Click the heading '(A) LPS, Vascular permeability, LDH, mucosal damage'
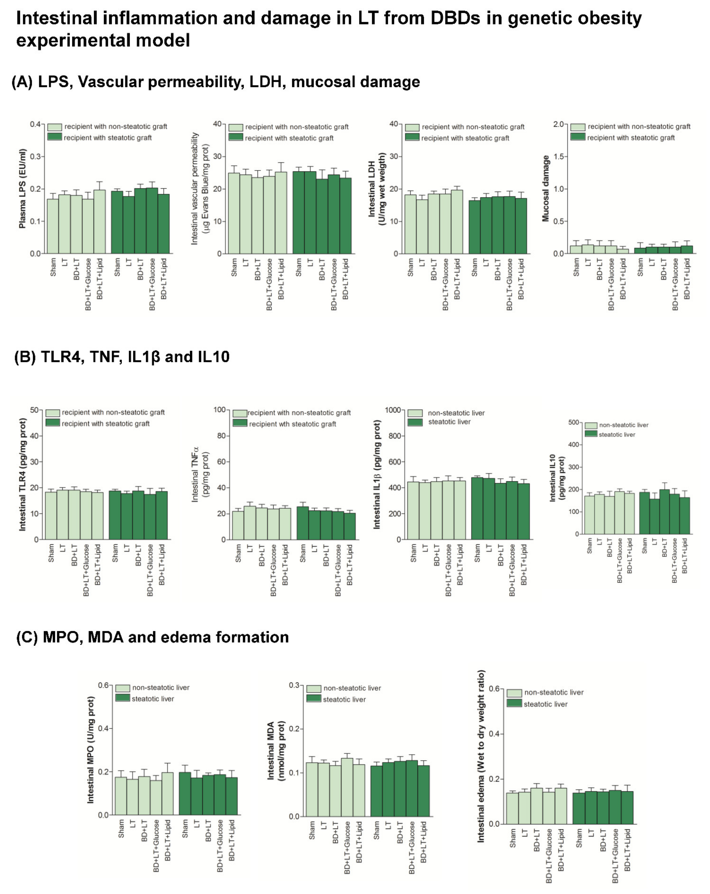(x=216, y=82)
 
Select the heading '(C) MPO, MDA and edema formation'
(x=152, y=637)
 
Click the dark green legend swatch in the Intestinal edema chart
(x=514, y=703)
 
